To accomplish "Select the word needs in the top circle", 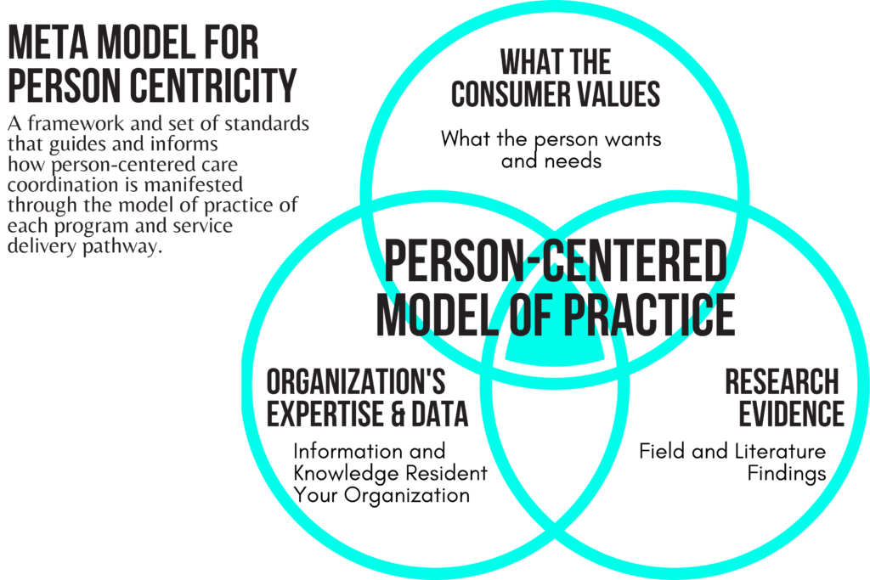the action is click(x=573, y=161).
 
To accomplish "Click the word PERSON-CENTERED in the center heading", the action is click(x=556, y=260).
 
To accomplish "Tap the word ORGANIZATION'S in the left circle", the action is click(x=356, y=381).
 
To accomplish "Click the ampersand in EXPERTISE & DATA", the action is click(x=398, y=414).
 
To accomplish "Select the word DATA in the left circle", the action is click(x=440, y=414).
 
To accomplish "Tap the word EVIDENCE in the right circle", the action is click(x=791, y=414).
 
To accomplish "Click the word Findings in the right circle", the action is click(x=787, y=474).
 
